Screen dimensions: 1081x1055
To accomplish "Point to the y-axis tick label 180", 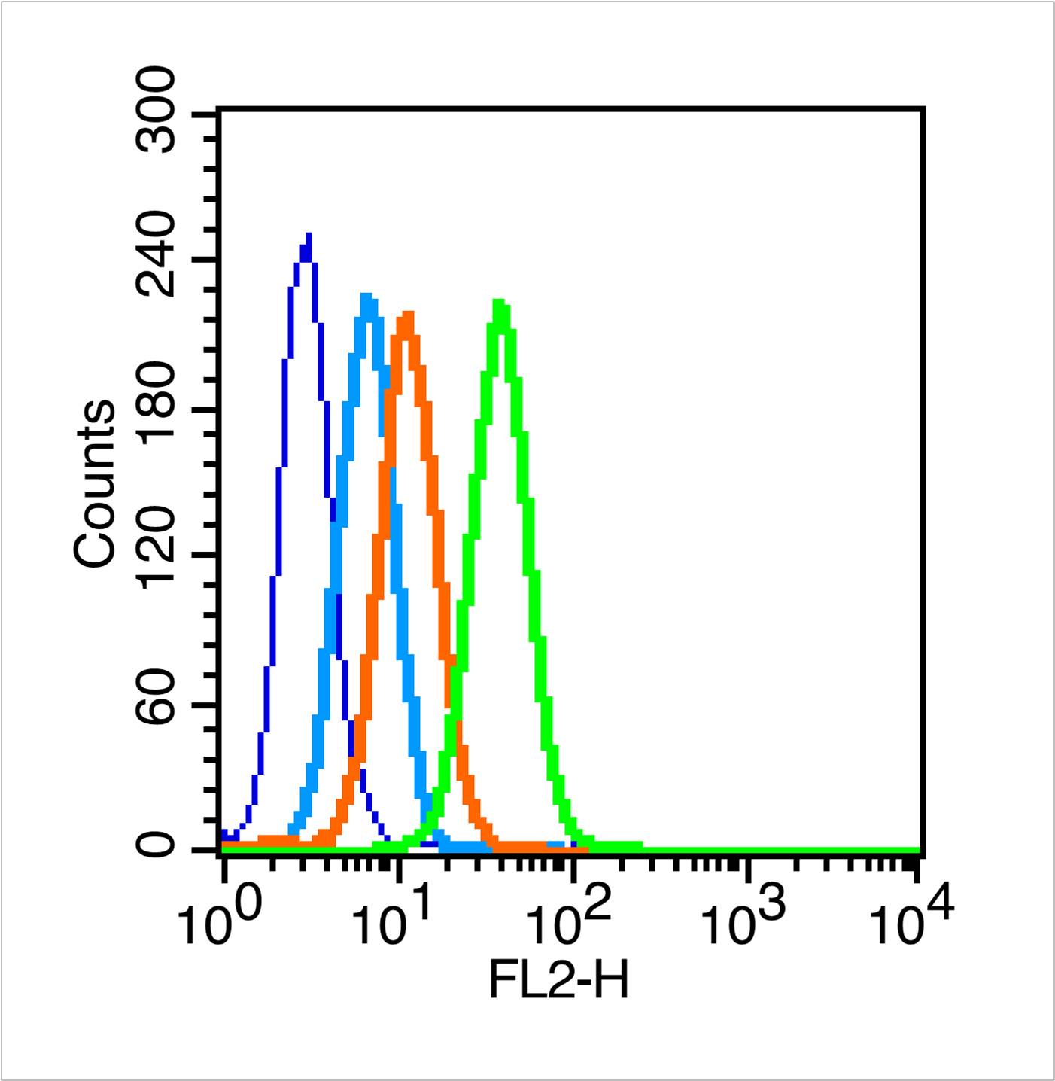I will [x=158, y=410].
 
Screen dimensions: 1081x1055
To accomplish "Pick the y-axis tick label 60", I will [x=158, y=705].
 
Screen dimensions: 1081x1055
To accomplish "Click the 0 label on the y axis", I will [x=158, y=848].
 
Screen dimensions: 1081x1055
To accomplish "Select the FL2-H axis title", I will [x=558, y=982].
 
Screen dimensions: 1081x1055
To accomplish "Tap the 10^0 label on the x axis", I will [x=219, y=923].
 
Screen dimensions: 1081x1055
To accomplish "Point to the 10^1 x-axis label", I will [x=394, y=923].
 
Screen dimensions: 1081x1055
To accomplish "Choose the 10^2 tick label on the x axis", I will [x=567, y=923].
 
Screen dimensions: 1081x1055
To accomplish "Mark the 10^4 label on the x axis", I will [x=912, y=923].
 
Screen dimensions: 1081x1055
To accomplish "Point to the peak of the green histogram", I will [x=498, y=303].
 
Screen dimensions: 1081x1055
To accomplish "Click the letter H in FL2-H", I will [x=610, y=982].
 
